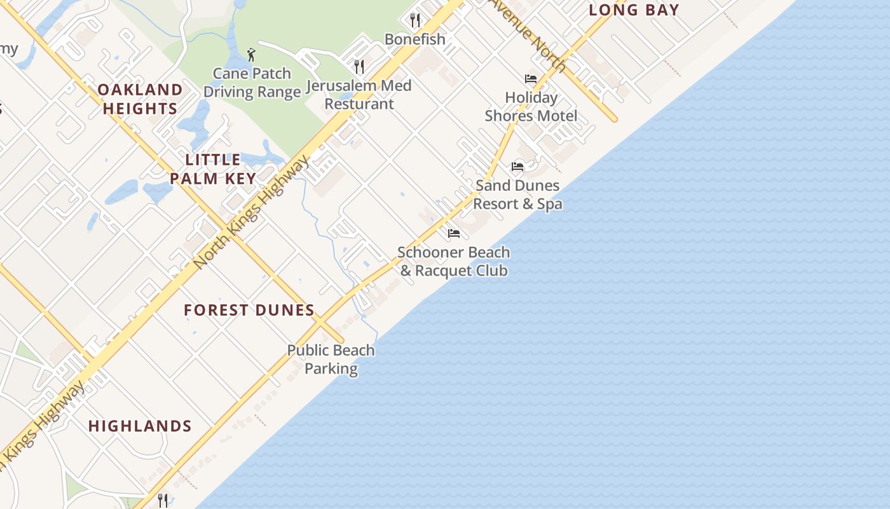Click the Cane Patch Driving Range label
252,83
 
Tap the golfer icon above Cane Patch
252,55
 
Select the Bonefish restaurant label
415,39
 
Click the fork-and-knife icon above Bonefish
415,20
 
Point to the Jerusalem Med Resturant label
359,94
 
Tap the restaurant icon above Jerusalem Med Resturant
359,66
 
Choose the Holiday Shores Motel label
531,106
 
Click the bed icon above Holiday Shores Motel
531,79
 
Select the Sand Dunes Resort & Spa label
517,194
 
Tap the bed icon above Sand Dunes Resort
517,167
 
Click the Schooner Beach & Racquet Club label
453,261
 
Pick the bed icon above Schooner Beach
453,234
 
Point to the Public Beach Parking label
331,359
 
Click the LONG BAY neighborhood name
634,10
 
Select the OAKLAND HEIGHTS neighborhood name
140,99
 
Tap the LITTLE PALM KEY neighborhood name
213,169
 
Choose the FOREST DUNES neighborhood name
249,310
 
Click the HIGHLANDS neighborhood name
140,426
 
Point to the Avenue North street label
528,34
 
